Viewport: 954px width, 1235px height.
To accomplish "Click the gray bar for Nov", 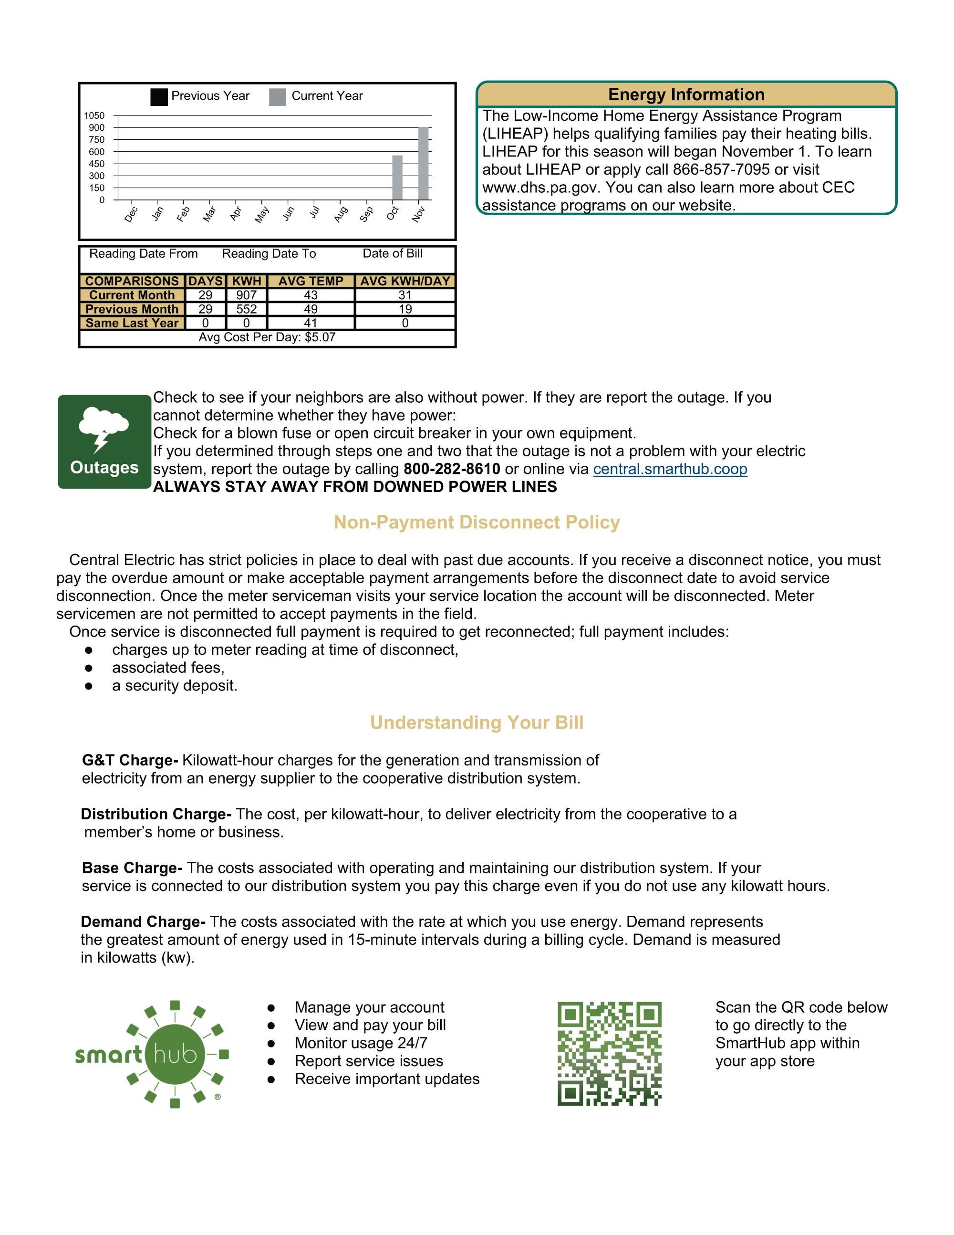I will click(423, 163).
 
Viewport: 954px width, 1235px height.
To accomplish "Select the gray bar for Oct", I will click(397, 178).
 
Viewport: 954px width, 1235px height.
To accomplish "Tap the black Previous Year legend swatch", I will click(159, 97).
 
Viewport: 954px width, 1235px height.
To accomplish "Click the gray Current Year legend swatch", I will click(278, 97).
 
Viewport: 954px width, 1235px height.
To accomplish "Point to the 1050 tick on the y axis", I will click(94, 115).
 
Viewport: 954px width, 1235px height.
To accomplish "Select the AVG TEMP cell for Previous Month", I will click(311, 309).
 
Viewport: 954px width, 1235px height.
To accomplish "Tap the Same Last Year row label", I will click(132, 324).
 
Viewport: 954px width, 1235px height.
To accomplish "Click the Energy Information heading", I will click(686, 94).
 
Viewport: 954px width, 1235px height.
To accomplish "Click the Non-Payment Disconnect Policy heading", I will click(477, 522).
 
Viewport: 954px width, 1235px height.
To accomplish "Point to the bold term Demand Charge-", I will click(143, 922).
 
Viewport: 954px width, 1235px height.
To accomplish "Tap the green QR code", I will click(609, 1054).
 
